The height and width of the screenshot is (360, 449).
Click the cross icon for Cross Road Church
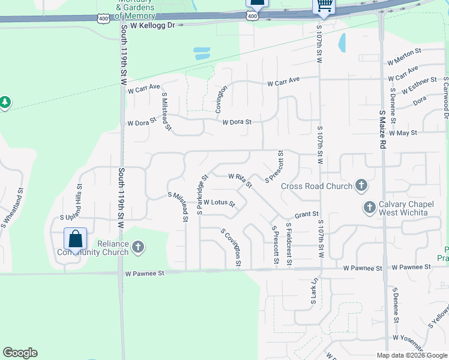(x=361, y=185)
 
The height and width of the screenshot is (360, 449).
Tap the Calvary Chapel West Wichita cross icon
(x=370, y=208)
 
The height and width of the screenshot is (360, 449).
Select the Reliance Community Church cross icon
(x=138, y=247)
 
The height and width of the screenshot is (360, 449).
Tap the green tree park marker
(x=5, y=103)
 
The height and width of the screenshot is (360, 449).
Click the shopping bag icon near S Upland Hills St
(x=76, y=239)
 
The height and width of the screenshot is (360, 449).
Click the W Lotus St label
(x=219, y=203)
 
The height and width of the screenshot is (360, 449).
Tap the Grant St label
(x=306, y=214)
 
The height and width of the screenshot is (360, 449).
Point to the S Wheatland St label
(x=13, y=208)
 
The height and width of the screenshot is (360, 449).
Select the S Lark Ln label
(x=313, y=292)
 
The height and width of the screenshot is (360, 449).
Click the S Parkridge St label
(x=202, y=194)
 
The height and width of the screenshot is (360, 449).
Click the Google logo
(x=20, y=353)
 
